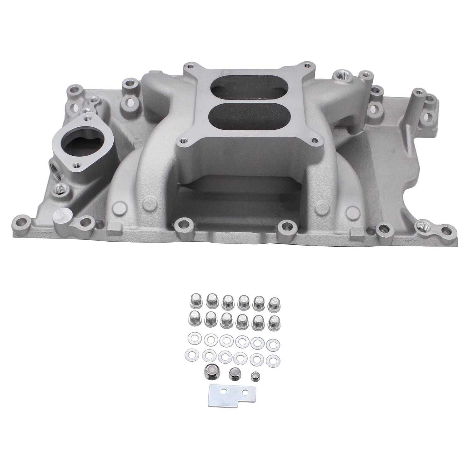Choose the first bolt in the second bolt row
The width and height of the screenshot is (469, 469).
pos(194,319)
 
